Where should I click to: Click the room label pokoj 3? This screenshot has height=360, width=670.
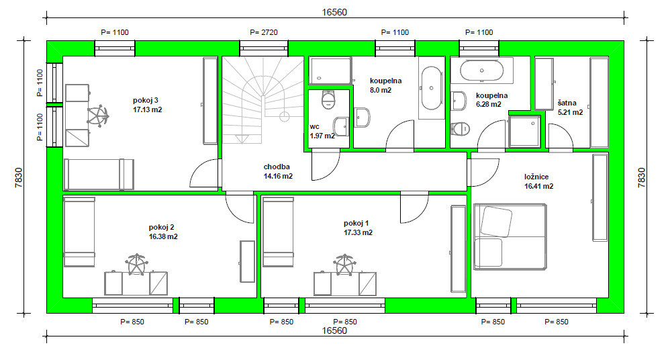145,101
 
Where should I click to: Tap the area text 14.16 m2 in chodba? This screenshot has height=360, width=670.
278,176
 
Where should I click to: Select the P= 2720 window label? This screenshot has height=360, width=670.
264,32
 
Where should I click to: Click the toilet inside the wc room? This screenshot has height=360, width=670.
328,99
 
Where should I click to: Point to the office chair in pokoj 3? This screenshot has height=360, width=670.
98,116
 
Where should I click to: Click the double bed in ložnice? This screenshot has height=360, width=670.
510,237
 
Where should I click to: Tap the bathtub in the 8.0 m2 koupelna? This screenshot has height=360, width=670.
432,88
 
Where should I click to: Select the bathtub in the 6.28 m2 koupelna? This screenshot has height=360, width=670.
481,71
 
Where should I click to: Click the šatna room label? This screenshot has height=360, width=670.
567,103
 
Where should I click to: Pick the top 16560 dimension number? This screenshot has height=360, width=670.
334,12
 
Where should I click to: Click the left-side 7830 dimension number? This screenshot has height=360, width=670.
19,177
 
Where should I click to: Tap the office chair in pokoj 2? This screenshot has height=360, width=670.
136,265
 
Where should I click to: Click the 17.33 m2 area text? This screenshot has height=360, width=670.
358,233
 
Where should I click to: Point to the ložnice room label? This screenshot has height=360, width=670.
536,177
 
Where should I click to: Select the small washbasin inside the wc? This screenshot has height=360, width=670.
341,126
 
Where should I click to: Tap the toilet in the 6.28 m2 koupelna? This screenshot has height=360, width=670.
461,128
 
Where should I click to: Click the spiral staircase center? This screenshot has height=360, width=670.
285,116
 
